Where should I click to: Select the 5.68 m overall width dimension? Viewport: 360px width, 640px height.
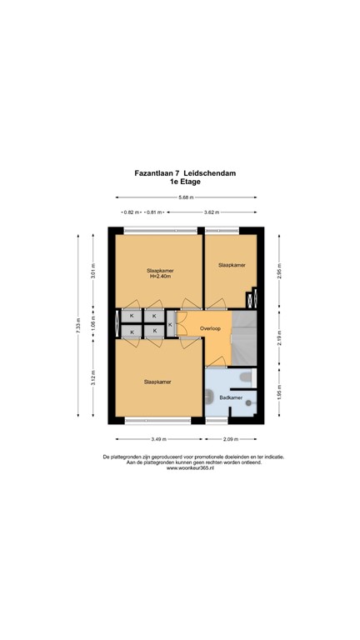186,197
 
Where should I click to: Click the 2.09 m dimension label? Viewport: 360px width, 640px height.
231,439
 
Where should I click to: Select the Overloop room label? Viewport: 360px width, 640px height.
209,328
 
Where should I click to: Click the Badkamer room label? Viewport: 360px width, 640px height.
231,398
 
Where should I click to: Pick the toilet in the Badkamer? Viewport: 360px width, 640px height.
244,379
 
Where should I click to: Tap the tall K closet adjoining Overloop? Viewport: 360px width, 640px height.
171,324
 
